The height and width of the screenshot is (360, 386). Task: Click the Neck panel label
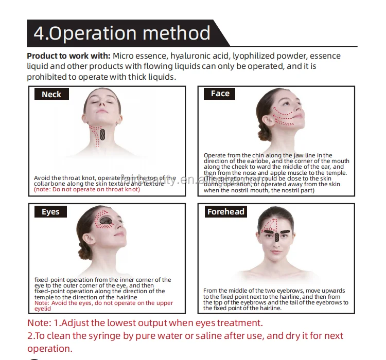tap(51, 94)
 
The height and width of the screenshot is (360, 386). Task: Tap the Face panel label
tap(220, 94)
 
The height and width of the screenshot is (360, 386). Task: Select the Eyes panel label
tap(50, 211)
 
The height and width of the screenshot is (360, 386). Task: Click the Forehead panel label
tap(226, 211)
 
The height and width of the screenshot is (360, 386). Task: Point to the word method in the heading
tap(176, 33)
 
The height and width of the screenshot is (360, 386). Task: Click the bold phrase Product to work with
tap(68, 56)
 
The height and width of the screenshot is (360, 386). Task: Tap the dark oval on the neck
tap(102, 135)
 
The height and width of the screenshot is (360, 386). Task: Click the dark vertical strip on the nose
tap(277, 237)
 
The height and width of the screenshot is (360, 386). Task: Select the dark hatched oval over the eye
tap(106, 220)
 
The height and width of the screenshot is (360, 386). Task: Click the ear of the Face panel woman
tap(267, 120)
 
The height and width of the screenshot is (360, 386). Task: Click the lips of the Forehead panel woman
tap(276, 252)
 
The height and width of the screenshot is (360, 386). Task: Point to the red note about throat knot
tap(87, 189)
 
